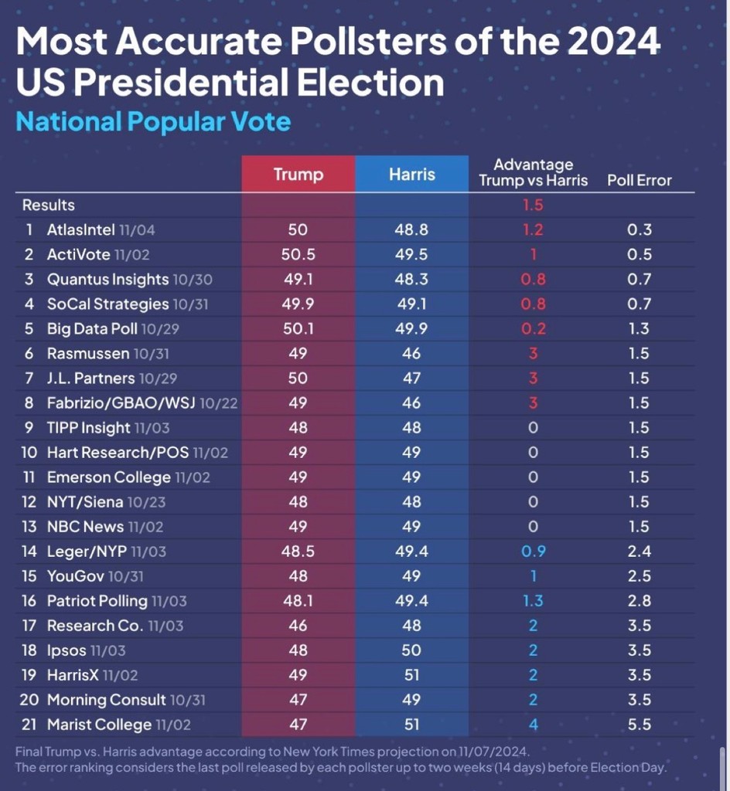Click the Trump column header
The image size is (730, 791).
pos(298,174)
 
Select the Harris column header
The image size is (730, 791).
pos(411,174)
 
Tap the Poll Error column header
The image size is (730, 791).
pos(639,180)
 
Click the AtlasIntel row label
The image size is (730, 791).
pos(80,229)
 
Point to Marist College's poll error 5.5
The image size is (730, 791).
pos(639,725)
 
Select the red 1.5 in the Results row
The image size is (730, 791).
pos(533,205)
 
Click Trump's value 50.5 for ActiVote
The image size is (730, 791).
pos(298,254)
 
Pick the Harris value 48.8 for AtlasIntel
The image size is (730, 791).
pos(411,229)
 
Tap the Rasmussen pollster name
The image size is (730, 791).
pos(88,353)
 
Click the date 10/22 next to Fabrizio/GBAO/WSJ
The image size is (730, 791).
pos(219,403)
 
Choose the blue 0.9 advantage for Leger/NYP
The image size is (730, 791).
pos(533,552)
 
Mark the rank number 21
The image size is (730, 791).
pos(29,725)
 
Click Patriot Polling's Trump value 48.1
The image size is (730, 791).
pos(298,601)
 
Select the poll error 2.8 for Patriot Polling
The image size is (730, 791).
pos(639,601)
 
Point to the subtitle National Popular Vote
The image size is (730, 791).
pos(153,121)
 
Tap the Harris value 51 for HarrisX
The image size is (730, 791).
pos(411,675)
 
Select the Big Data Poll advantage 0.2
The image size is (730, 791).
pos(533,328)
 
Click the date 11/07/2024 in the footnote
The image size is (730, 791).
pos(493,752)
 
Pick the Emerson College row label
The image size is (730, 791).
pos(108,477)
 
